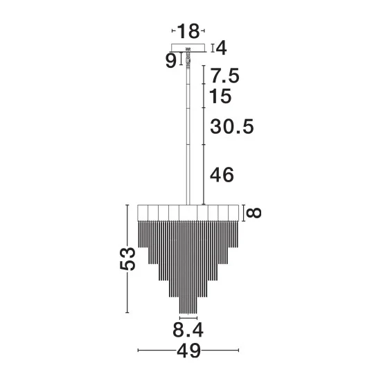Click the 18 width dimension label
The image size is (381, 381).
[x=188, y=31]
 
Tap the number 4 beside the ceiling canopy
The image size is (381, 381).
[x=222, y=48]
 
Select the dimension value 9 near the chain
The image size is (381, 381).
[x=170, y=60]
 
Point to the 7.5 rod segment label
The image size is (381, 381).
[x=224, y=76]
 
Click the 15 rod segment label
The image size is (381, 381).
[x=220, y=96]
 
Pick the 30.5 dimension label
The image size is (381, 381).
[x=232, y=127]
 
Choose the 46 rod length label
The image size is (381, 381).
[x=222, y=175]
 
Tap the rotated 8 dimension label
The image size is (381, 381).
[x=254, y=213]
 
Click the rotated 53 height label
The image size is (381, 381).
[x=127, y=259]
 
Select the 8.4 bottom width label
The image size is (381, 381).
[x=188, y=330]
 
